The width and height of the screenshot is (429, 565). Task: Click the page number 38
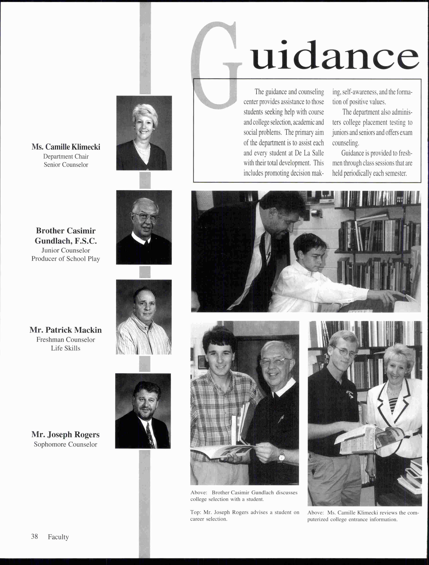(34, 536)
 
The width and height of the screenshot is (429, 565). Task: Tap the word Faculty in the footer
(58, 537)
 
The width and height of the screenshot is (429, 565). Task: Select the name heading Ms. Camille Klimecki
(66, 147)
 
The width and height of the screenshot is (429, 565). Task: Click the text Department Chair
(66, 156)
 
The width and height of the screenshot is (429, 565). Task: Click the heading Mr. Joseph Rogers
(65, 435)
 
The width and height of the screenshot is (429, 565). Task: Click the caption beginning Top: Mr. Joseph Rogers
(245, 515)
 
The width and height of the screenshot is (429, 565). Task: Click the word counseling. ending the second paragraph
(345, 143)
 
